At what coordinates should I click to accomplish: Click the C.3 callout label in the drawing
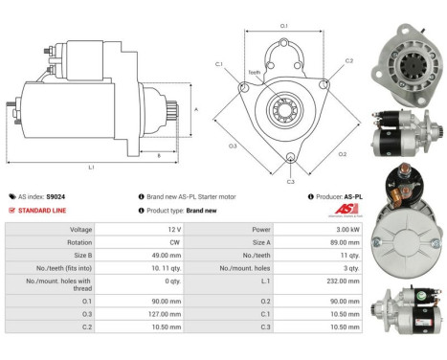[x=290, y=180]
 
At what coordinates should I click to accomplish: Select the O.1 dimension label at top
[x=284, y=26]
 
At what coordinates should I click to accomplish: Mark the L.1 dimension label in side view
[x=92, y=168]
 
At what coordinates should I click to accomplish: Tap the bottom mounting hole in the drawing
[x=290, y=158]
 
